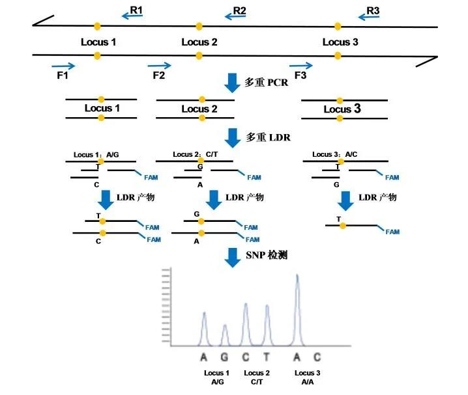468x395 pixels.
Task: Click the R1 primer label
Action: pos(136,10)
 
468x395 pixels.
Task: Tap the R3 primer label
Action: pos(373,10)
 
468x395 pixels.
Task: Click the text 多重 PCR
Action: pos(266,83)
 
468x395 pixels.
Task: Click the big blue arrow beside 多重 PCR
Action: pos(232,83)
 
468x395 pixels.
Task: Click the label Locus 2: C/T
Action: pos(194,155)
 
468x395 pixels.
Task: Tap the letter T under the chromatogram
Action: pos(267,357)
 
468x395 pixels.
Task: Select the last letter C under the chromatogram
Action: pos(317,357)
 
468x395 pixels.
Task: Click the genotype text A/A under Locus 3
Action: pos(308,382)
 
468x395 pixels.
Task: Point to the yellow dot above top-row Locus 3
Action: pos(338,26)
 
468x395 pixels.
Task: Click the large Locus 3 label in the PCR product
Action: pos(342,109)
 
